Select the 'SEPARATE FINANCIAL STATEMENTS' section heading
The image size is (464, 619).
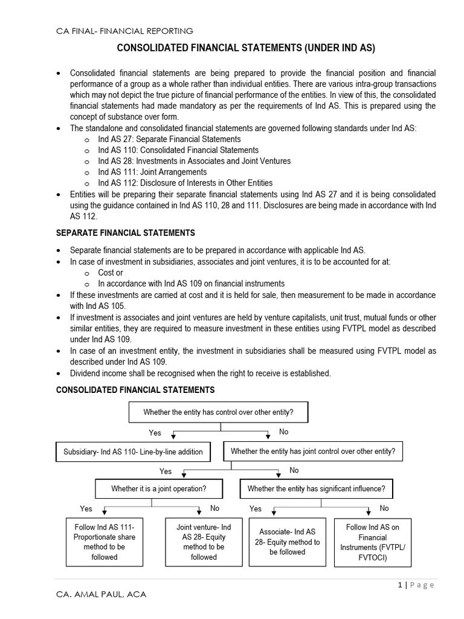[x=126, y=233]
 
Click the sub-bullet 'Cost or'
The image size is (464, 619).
[x=111, y=273]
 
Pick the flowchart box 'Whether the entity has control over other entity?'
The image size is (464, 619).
[x=219, y=412]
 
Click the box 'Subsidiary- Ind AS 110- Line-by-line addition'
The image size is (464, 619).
[x=134, y=452]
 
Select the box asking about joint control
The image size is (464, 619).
[x=313, y=451]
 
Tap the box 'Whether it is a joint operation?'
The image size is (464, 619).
[x=158, y=488]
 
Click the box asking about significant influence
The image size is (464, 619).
[x=316, y=488]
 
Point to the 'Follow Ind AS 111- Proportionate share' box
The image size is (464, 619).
[x=105, y=542]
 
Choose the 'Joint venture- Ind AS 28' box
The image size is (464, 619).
[x=204, y=542]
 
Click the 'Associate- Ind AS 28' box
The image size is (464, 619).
[x=288, y=542]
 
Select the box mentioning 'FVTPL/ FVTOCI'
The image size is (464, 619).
[x=372, y=542]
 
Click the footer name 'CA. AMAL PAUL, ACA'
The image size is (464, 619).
[x=101, y=595]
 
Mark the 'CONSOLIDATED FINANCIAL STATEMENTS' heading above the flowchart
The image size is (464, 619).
[x=135, y=390]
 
